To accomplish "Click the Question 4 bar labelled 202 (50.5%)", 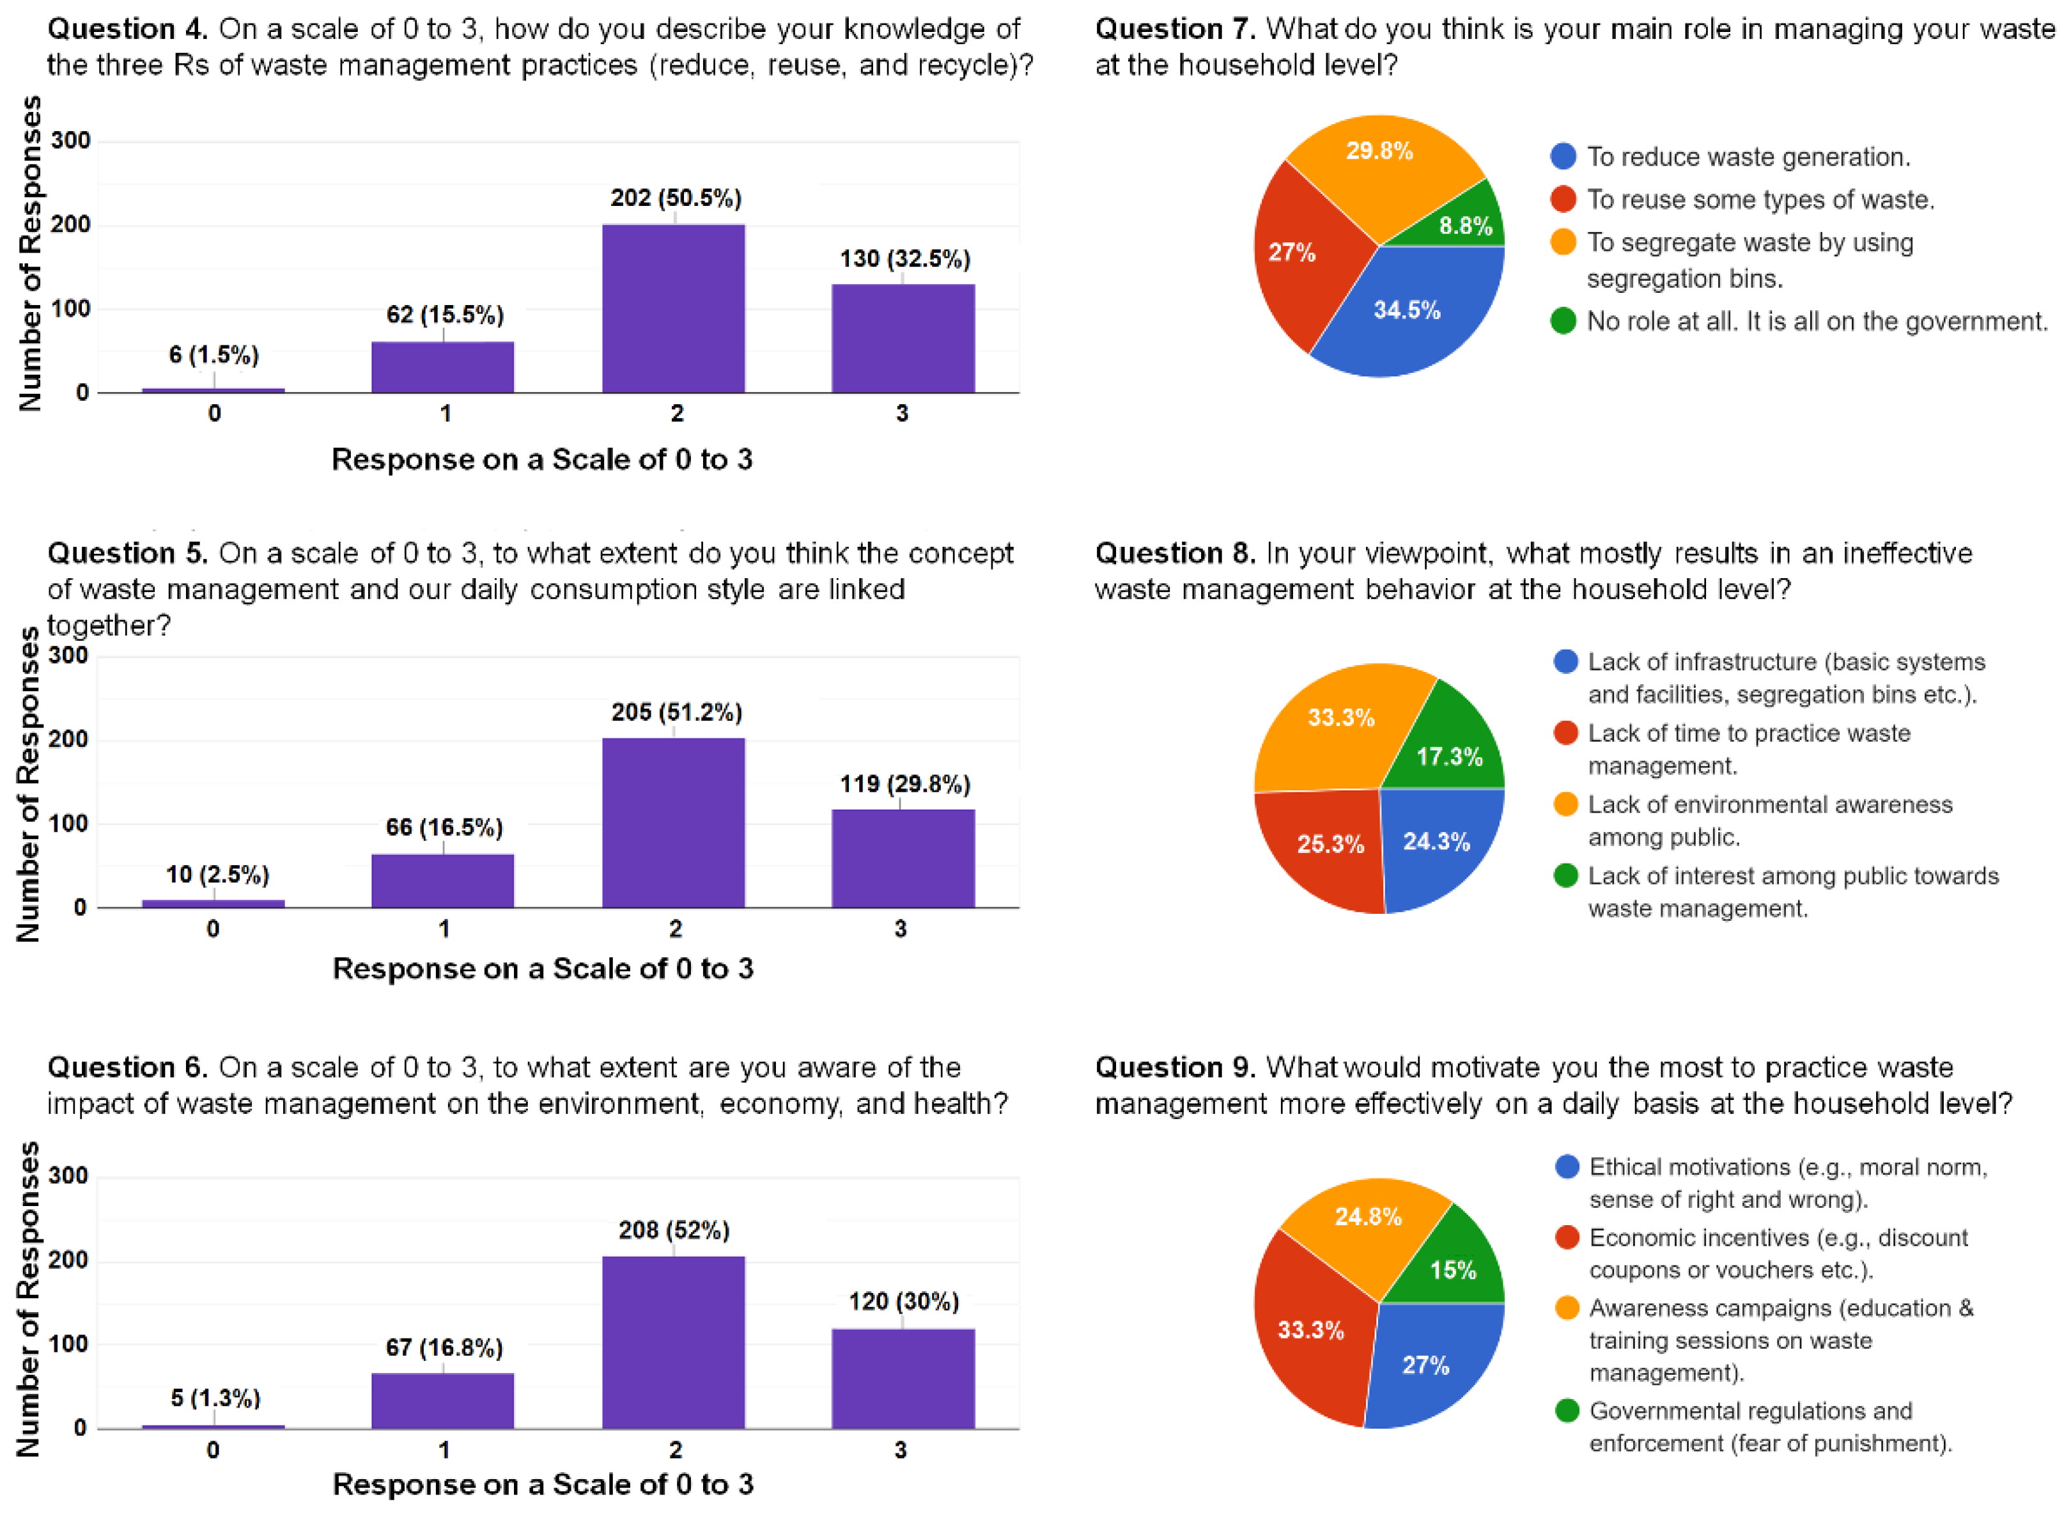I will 673,309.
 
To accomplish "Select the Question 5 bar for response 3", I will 903,858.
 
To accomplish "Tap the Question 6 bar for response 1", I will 442,1400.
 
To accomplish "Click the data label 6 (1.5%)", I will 213,356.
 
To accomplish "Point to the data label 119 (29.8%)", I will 904,784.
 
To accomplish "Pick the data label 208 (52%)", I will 674,1230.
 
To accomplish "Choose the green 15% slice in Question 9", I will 1451,1269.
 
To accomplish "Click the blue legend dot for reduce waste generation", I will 1563,157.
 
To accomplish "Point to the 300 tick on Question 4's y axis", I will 70,141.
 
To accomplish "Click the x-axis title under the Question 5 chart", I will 542,969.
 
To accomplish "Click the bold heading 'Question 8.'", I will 1174,554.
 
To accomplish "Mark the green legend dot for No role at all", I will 1563,322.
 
